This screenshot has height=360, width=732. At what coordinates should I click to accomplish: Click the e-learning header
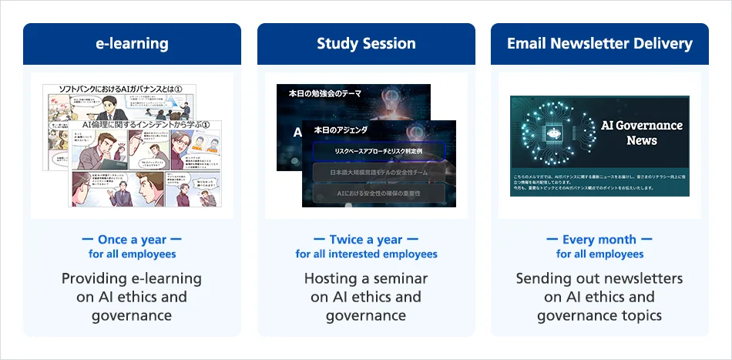click(x=132, y=44)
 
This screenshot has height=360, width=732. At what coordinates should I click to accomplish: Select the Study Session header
click(x=366, y=44)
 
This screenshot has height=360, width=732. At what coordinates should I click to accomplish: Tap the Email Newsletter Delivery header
click(x=599, y=44)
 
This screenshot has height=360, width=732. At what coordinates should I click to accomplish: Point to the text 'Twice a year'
click(x=366, y=240)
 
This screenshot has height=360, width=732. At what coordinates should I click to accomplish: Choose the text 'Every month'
click(x=599, y=240)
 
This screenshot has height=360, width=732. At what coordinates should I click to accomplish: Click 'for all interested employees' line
click(x=366, y=254)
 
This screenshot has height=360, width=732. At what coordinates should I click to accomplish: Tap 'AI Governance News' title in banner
click(x=641, y=133)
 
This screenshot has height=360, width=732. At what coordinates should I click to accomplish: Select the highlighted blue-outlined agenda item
click(x=378, y=151)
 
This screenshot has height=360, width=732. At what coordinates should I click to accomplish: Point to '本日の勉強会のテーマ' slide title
click(x=324, y=93)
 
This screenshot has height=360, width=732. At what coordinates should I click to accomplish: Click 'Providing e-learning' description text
click(x=132, y=278)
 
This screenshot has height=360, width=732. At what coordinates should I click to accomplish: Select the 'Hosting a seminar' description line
click(x=366, y=278)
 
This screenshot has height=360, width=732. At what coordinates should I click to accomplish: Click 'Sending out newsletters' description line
click(x=599, y=278)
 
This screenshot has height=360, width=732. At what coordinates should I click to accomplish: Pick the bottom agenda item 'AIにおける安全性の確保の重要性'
click(x=378, y=193)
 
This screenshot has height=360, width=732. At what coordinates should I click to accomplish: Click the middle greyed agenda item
click(x=378, y=173)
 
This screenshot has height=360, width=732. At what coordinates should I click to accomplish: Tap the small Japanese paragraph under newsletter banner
click(x=599, y=182)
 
